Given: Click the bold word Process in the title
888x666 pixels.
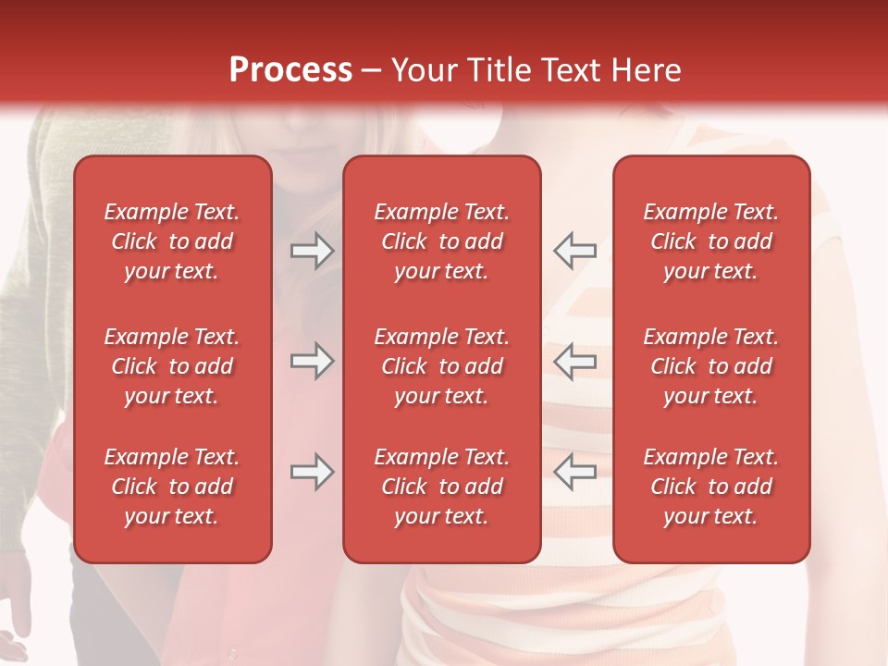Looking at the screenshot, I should tap(290, 70).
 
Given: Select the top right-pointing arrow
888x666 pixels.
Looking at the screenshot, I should tap(312, 251).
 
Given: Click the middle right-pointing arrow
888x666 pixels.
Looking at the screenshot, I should tap(312, 362).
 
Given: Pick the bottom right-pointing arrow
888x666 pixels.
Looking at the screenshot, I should tap(312, 472).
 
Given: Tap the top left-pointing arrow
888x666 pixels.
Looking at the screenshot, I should tap(574, 251).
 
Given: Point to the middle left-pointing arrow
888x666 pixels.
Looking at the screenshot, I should tap(574, 362).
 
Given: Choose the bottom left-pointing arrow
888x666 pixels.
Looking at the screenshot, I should tap(574, 472).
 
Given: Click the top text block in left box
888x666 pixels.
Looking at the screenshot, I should tap(172, 241).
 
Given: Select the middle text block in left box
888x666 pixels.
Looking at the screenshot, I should tap(172, 366).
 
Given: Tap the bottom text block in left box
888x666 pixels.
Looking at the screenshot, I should tap(172, 487).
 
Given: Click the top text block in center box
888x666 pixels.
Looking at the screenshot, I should tap(441, 241).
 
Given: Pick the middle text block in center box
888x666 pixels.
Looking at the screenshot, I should tap(441, 366).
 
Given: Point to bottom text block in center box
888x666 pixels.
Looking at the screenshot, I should tap(441, 487).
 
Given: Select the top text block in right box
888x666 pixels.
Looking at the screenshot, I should tap(710, 241).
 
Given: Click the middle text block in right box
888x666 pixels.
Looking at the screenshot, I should tap(710, 366).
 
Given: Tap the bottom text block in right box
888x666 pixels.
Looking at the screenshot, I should tap(710, 487).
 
